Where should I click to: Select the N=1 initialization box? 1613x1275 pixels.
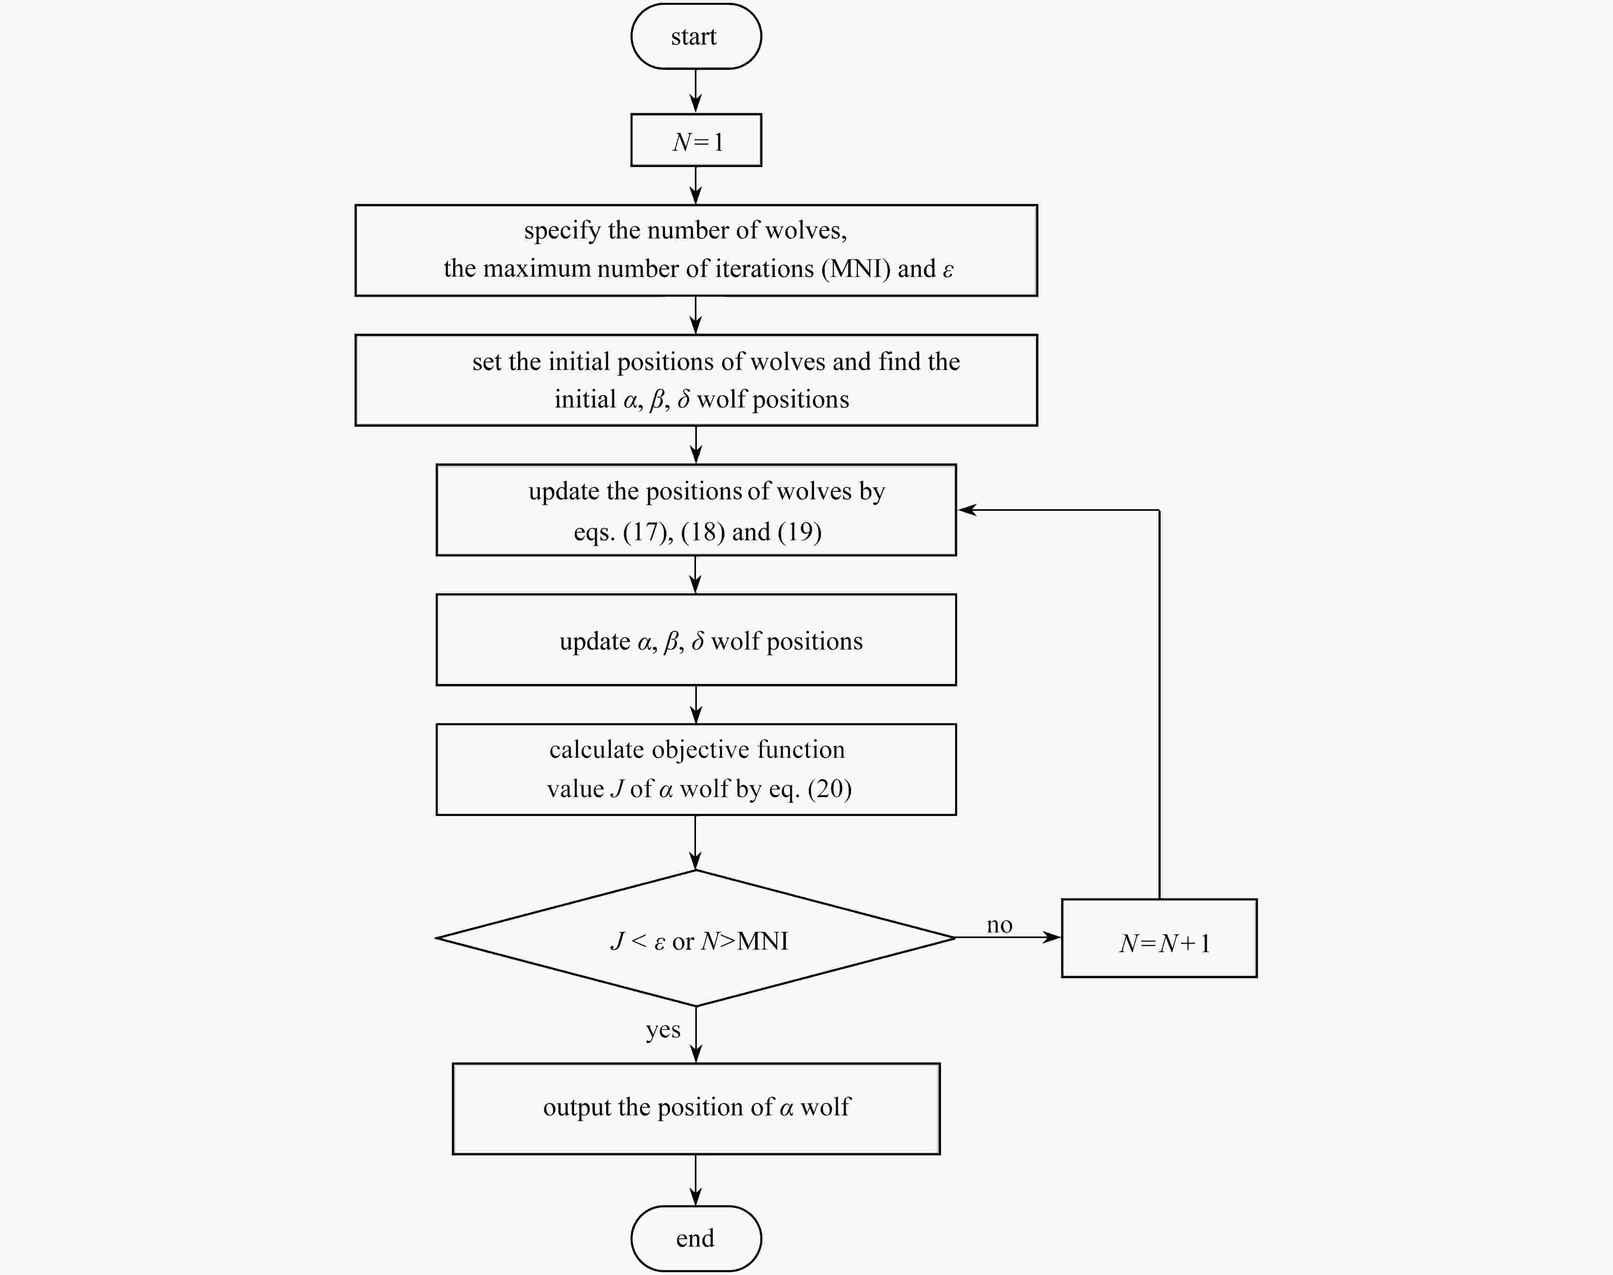[696, 140]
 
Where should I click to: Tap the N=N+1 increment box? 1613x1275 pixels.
[1159, 938]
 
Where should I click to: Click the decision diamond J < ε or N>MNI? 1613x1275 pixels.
[696, 938]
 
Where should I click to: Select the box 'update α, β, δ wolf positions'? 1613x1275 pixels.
[696, 640]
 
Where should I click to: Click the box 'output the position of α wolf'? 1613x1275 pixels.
[696, 1108]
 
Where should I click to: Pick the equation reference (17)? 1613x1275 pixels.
[645, 532]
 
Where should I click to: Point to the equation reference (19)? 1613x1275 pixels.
[799, 532]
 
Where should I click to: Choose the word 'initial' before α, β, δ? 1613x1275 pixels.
[585, 400]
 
